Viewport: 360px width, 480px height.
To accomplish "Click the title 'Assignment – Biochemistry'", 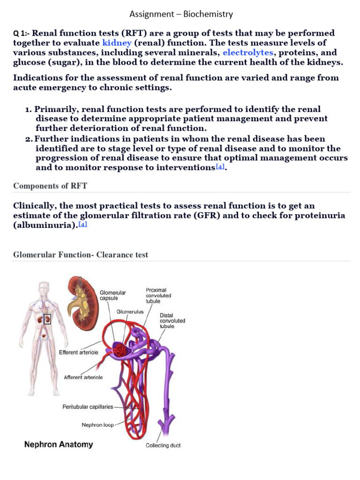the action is pos(181,14).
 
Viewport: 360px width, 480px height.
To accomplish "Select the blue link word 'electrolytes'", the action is pos(248,52).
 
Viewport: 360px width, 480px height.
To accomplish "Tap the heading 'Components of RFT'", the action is pos(50,186).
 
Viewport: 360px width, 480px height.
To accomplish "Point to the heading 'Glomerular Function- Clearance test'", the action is pos(81,255).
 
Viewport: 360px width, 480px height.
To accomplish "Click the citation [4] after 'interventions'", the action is pos(220,166).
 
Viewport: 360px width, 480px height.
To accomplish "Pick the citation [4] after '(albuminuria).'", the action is pos(82,225).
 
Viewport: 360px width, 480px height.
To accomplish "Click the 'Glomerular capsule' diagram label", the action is pos(112,295).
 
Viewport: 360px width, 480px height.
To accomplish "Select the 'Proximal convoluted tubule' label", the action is pos(158,296).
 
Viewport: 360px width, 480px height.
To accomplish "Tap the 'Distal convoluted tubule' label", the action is pos(172,321).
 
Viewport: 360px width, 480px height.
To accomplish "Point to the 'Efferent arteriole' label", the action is pos(78,352).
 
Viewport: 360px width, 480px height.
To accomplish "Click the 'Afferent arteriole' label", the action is pos(83,377).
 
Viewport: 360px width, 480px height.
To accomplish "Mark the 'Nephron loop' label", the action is pos(97,425).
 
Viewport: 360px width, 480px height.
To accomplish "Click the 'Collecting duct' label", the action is pos(163,445).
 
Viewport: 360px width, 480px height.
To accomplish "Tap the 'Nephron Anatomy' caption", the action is pos(59,444).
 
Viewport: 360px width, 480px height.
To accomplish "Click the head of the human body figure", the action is pos(44,286).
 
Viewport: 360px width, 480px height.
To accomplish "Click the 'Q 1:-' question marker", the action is pos(21,33).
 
